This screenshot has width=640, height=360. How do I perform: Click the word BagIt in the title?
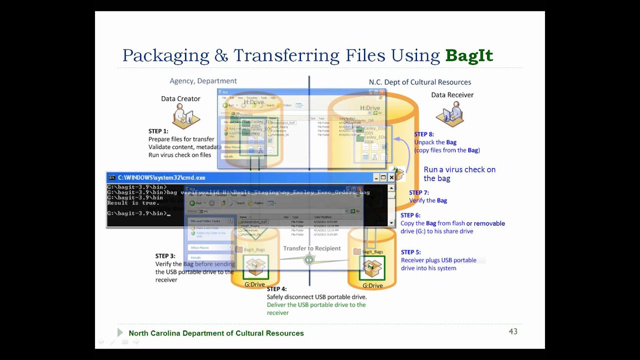click(469, 55)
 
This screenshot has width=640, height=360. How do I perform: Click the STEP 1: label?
click(158, 131)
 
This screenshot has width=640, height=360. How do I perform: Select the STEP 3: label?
click(165, 256)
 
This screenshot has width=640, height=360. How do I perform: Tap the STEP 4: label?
click(276, 289)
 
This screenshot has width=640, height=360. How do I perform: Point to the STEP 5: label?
click(411, 252)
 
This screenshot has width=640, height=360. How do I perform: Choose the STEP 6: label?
click(410, 215)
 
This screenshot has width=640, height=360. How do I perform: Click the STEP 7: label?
click(419, 192)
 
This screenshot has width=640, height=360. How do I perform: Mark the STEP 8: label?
click(424, 134)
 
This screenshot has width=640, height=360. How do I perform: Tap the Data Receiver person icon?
click(452, 113)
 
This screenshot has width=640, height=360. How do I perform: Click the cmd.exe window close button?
click(392, 177)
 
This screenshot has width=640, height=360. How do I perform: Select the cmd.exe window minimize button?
click(376, 177)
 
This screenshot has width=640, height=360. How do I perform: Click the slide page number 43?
click(512, 331)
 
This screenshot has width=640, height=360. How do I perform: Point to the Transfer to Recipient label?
click(312, 248)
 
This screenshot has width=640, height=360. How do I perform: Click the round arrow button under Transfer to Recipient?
click(309, 259)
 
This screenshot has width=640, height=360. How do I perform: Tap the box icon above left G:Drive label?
click(255, 267)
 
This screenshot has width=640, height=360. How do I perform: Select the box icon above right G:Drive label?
click(372, 268)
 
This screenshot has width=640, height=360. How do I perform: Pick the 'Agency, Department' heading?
click(203, 81)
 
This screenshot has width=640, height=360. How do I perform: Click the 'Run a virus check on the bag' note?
click(459, 174)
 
